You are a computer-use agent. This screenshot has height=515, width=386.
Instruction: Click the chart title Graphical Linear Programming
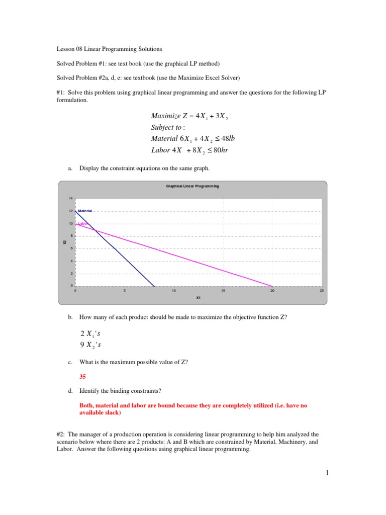[x=192, y=186]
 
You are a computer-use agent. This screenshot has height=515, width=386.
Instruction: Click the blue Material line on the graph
[x=116, y=249]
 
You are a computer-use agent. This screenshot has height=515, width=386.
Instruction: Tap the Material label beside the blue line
[x=85, y=211]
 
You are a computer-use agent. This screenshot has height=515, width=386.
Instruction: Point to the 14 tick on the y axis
[x=71, y=198]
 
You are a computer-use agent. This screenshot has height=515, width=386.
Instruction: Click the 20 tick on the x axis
[x=272, y=291]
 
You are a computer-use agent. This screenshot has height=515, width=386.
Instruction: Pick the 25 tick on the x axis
[x=322, y=291]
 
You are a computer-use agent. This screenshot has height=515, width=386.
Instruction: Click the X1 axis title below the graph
[x=198, y=298]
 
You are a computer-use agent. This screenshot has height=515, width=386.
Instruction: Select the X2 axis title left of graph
[x=65, y=242]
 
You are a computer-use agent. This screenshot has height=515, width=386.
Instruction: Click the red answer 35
[x=83, y=376]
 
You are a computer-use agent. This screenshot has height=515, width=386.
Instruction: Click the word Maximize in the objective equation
[x=165, y=117]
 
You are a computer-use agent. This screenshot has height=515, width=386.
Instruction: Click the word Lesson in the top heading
[x=63, y=49]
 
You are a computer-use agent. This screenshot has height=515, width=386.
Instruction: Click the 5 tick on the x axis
[x=125, y=291]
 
